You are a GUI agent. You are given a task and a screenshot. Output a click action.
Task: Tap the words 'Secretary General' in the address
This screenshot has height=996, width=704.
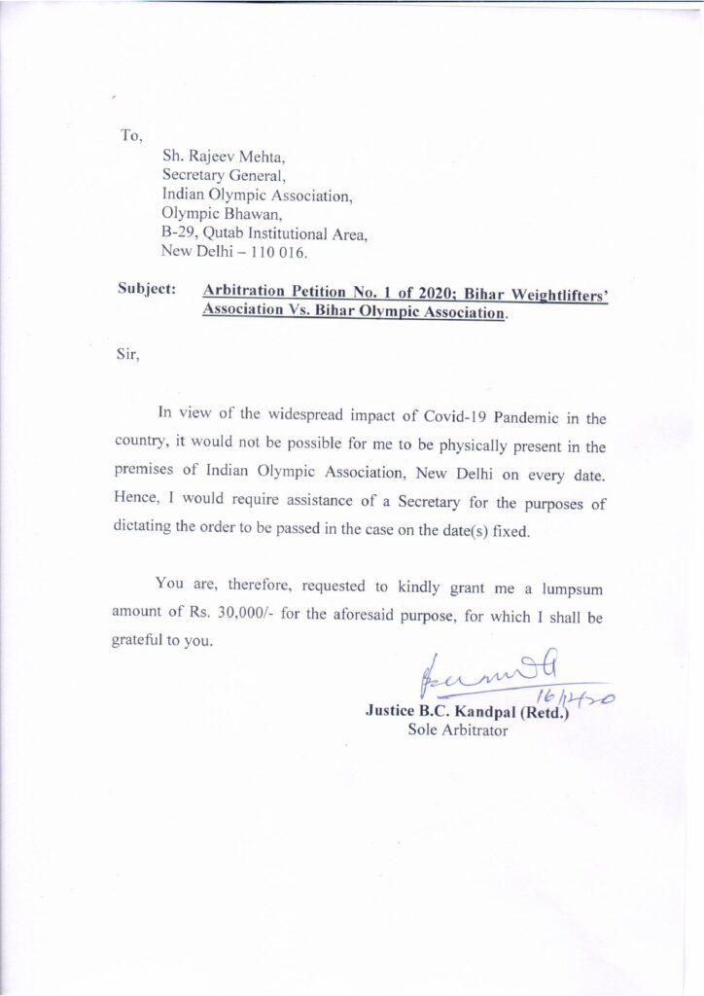coord(223,175)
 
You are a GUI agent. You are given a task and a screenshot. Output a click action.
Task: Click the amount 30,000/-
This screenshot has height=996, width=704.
coord(241,616)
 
